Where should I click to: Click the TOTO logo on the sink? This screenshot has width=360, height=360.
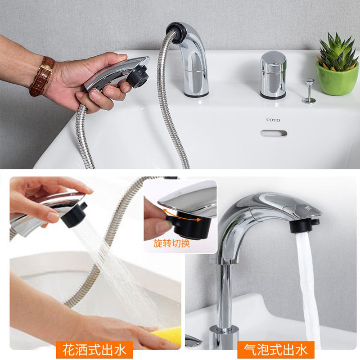(273, 120)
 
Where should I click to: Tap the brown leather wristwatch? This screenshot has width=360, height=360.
(41, 76)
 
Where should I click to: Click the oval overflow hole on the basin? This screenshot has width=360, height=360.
(273, 134)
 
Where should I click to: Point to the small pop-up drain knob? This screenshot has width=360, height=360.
(309, 90)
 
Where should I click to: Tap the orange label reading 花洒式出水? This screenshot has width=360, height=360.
(94, 349)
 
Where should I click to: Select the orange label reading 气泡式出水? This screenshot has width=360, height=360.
(276, 349)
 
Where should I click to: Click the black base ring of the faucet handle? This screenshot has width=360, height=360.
(273, 95)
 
